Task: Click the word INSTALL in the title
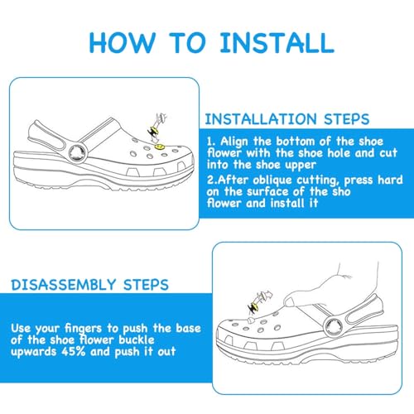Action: pos(277,42)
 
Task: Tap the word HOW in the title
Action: pos(122,42)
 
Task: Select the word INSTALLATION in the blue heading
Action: pos(261,119)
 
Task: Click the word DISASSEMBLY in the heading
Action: pos(63,285)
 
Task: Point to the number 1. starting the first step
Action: pos(211,141)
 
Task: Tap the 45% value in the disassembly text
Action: pos(74,351)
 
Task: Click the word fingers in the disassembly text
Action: pos(83,329)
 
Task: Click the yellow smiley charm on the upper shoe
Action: pos(159,147)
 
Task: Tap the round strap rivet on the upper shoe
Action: pos(78,153)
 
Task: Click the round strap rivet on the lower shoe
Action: pos(334,327)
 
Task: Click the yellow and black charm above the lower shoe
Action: pos(253,307)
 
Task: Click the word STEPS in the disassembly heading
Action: pos(146,285)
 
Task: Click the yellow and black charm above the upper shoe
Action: pos(153,131)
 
